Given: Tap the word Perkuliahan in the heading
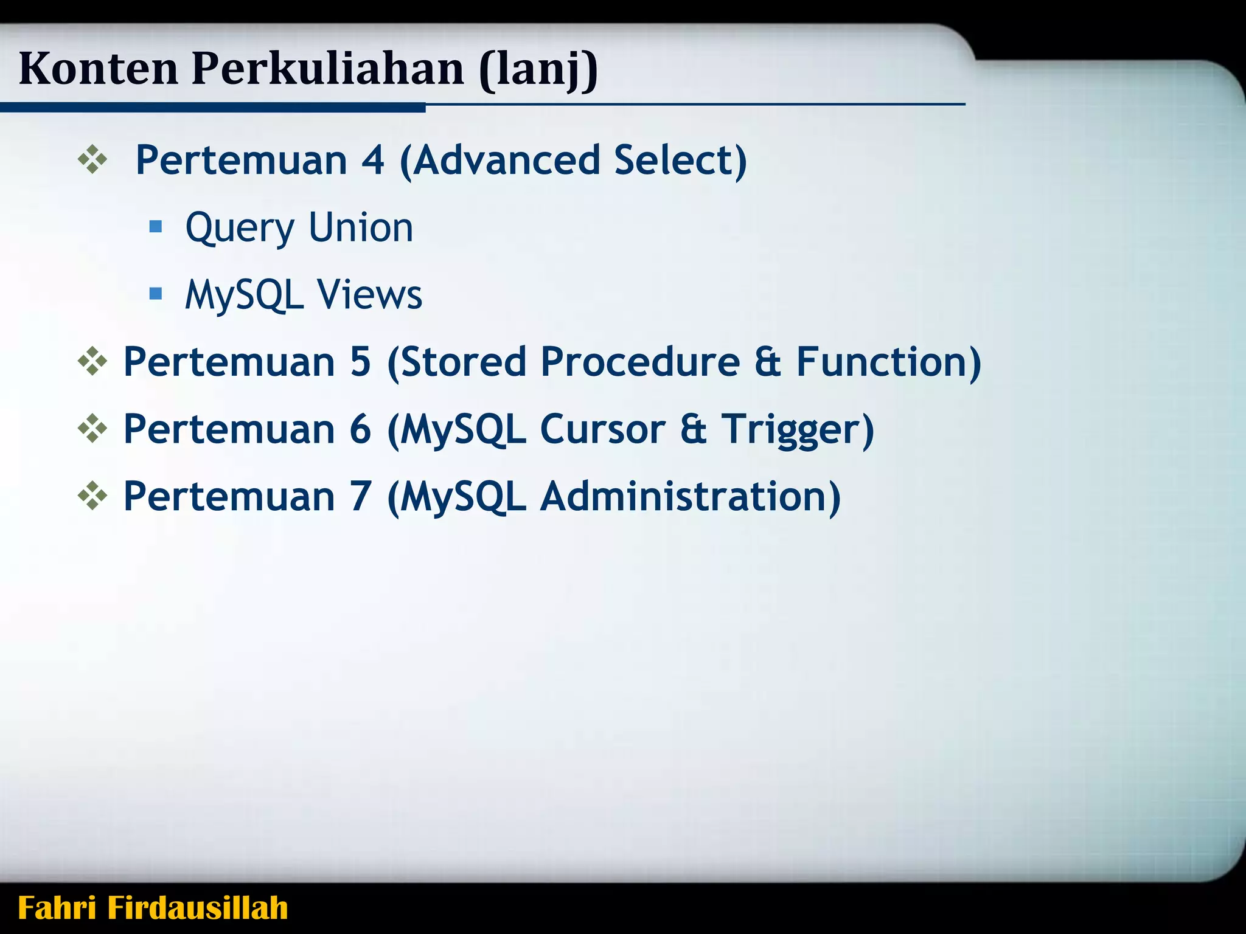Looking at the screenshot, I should [328, 68].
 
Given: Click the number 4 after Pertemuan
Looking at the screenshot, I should [373, 161].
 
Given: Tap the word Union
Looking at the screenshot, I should [361, 227].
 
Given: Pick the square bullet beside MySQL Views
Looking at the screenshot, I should [156, 294].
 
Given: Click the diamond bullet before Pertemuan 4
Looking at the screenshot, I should [92, 161].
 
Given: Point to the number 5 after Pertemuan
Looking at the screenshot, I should [360, 362].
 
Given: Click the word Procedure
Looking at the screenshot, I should [640, 362].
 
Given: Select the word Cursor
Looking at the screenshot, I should [602, 429].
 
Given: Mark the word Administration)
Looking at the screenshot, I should [690, 497].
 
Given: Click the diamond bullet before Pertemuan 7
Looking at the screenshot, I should [92, 496].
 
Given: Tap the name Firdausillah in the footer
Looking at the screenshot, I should [197, 908].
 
